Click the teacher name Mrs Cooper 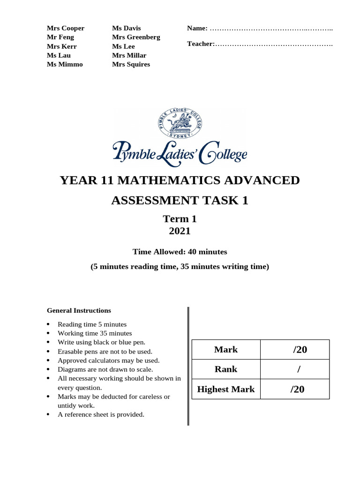(66, 28)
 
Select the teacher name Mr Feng (60, 37)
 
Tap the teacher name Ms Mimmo (65, 64)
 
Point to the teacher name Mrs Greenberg (136, 37)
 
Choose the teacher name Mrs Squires (131, 64)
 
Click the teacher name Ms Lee (123, 46)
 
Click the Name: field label (197, 29)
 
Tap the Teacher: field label (201, 44)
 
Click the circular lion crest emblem (180, 124)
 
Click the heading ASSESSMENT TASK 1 (180, 201)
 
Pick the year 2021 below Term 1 (180, 231)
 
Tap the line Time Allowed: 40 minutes (180, 252)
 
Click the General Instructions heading (79, 310)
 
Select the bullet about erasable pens (105, 351)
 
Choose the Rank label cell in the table (225, 369)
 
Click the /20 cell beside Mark (298, 350)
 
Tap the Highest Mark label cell (225, 389)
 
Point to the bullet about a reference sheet (101, 414)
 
